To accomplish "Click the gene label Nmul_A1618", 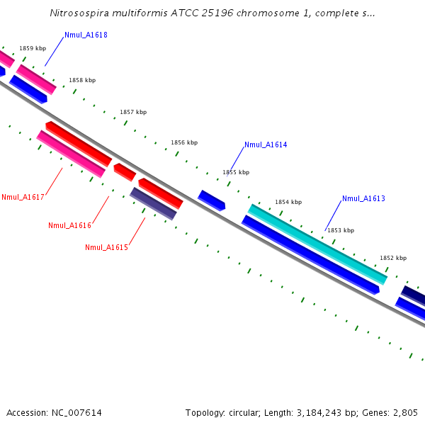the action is (86, 35).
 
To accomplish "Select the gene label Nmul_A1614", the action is (266, 144).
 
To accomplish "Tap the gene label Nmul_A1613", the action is (363, 198).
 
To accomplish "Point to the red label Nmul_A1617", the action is (23, 197).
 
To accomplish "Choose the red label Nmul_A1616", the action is (69, 225).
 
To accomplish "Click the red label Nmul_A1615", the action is (106, 247).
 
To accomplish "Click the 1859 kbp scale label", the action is (33, 48).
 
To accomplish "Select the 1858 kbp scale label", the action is (82, 80).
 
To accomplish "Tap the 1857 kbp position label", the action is (133, 112).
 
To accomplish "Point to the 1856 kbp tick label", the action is (184, 142).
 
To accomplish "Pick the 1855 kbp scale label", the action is (236, 172).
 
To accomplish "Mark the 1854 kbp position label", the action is (288, 202).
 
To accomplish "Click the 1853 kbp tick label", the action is (341, 230).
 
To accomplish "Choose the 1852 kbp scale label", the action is (393, 258).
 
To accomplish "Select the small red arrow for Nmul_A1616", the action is (125, 172).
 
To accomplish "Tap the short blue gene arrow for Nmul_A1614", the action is (211, 200).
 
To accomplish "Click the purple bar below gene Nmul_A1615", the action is (153, 203).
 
